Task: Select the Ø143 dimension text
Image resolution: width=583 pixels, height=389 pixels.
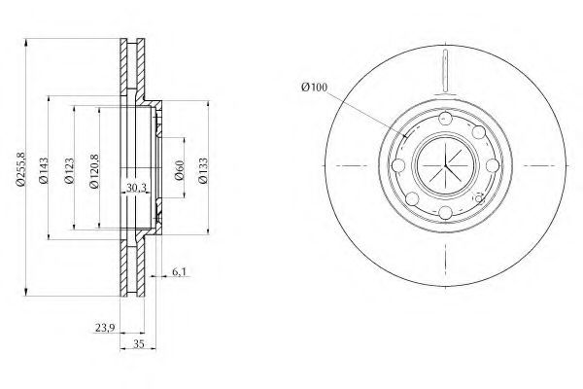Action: [44, 170]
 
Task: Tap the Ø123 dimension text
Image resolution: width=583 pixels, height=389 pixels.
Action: [70, 171]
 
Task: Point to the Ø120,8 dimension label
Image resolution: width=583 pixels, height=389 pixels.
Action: [95, 171]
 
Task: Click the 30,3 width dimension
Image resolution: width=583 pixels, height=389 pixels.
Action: [136, 188]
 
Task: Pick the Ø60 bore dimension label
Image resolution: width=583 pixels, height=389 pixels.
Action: [180, 170]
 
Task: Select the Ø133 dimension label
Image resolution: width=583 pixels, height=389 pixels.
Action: [203, 170]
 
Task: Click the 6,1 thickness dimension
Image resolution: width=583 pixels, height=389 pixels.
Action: [179, 272]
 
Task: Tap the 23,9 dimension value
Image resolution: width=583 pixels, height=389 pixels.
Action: [105, 328]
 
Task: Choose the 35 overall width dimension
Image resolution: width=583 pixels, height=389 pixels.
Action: [138, 344]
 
